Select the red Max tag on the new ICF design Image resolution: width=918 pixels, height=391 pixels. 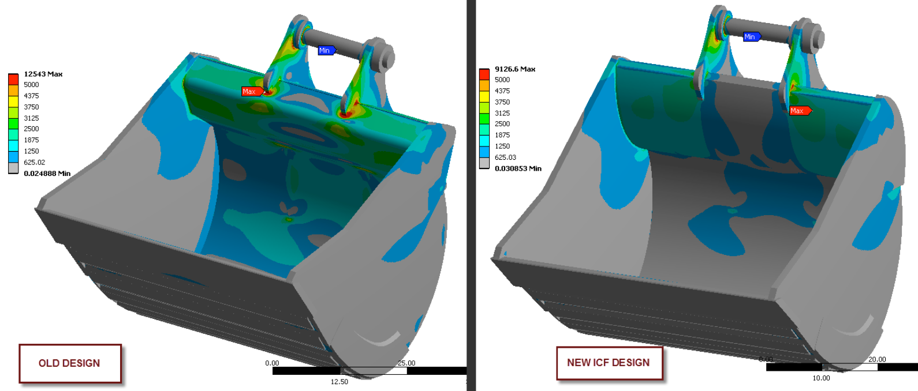tap(799, 111)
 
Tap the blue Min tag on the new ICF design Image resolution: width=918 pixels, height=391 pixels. tap(751, 37)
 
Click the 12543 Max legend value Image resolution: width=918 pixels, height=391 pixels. tap(43, 74)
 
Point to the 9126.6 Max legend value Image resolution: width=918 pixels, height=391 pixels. tap(514, 69)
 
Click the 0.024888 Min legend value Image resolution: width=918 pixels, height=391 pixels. tap(47, 173)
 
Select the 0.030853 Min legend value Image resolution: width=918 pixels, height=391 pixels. tap(518, 168)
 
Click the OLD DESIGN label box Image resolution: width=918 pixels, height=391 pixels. tap(70, 363)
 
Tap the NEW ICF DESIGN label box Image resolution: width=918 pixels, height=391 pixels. tap(609, 363)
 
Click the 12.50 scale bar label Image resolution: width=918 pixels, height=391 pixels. tap(339, 382)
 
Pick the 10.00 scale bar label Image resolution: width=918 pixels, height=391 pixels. tap(821, 378)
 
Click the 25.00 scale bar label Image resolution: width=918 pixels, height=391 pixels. tap(406, 363)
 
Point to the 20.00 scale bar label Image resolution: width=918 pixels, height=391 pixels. tap(877, 359)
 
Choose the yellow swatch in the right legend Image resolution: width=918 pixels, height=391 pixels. tap(484, 96)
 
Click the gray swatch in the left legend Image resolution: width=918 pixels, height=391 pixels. tap(13, 168)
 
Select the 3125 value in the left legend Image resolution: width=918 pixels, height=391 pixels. tap(31, 118)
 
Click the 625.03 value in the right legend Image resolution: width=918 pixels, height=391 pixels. tap(505, 157)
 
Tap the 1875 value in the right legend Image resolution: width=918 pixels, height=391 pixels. tap(502, 135)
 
